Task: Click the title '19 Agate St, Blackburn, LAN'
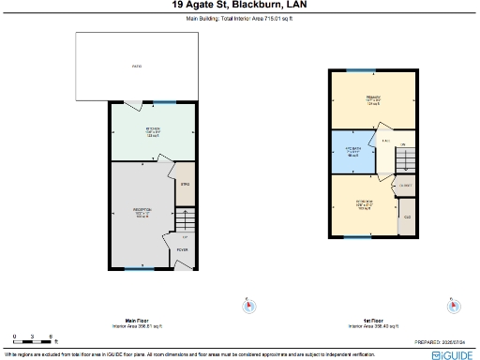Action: click(239, 5)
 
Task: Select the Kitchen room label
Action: click(153, 131)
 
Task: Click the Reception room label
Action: click(142, 212)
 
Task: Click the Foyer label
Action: click(183, 250)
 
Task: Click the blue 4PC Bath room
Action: click(353, 153)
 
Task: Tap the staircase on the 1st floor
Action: click(403, 162)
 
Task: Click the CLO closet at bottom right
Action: click(407, 222)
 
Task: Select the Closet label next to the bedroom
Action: click(406, 187)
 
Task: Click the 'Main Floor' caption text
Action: click(138, 321)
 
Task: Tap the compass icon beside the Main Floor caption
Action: click(248, 305)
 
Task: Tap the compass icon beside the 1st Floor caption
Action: click(454, 305)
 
